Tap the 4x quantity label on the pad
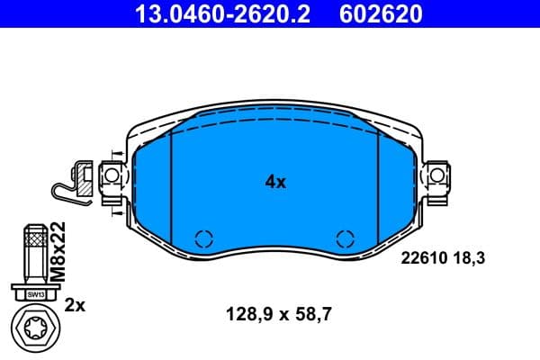(x=275, y=182)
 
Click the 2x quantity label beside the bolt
(x=76, y=306)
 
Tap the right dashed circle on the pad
(x=345, y=238)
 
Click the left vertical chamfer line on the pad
(x=171, y=180)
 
